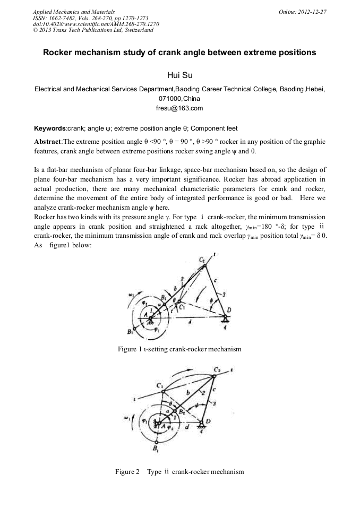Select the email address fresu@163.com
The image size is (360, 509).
(x=179, y=108)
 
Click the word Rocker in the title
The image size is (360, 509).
(x=63, y=53)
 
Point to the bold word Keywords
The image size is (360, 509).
(x=50, y=128)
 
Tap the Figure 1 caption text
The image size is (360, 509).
(x=179, y=349)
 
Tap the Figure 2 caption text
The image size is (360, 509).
(x=179, y=471)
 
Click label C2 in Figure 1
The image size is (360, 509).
(x=202, y=260)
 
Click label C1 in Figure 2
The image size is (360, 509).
(x=159, y=384)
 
